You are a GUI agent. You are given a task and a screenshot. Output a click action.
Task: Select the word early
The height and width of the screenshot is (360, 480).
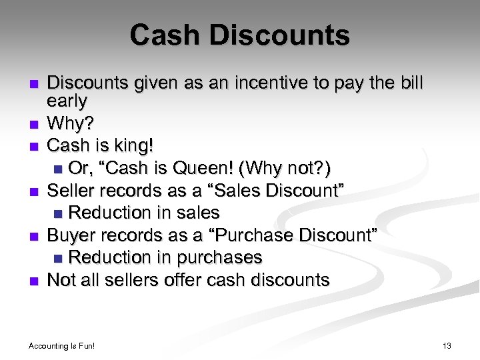pyautogui.click(x=67, y=101)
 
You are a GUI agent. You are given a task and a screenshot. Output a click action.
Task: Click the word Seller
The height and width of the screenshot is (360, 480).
pyautogui.click(x=71, y=191)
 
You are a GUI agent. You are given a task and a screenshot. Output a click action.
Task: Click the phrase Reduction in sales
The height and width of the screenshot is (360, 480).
pyautogui.click(x=143, y=213)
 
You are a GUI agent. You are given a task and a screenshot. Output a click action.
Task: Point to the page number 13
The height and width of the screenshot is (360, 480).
pyautogui.click(x=447, y=345)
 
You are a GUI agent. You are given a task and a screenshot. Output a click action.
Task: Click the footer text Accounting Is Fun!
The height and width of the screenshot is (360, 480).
pyautogui.click(x=62, y=345)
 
